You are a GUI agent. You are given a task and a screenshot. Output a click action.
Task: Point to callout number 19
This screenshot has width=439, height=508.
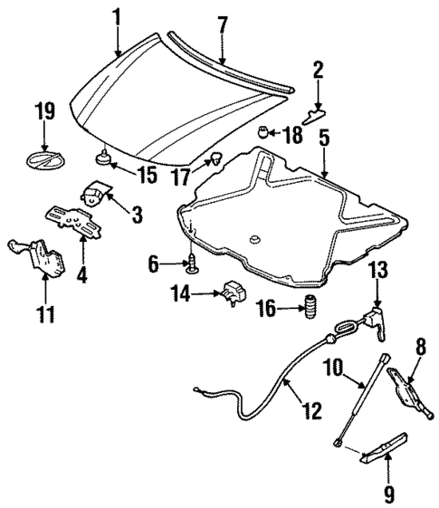[x=44, y=113]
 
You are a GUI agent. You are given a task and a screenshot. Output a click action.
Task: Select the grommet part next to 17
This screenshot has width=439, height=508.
[x=216, y=162]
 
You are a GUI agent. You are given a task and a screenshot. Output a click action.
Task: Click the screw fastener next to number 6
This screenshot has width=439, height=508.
[x=193, y=264]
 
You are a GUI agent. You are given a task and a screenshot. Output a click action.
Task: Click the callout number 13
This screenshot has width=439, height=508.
[x=377, y=270]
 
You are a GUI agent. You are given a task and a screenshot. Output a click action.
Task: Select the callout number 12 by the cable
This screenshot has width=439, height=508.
[x=310, y=411]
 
